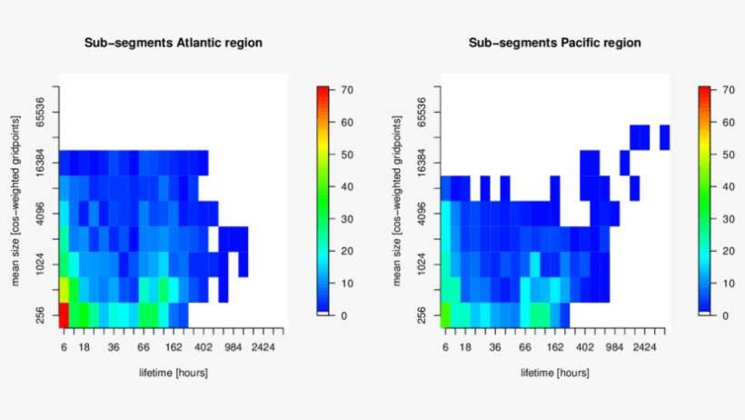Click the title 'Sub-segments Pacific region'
coord(554,43)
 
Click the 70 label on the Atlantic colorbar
coord(347,91)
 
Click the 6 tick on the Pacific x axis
coord(445,347)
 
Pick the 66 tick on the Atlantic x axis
coord(144,347)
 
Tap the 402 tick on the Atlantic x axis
coord(203,347)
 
